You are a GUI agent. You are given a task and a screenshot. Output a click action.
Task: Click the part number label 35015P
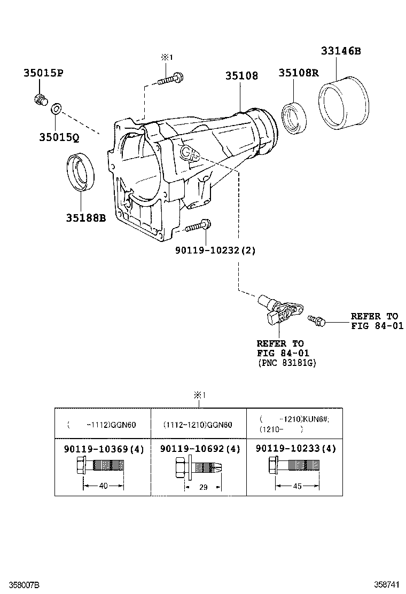pos(43,73)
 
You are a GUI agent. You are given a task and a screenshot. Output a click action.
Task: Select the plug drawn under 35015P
pos(40,100)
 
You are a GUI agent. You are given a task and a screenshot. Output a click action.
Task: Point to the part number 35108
pos(241,76)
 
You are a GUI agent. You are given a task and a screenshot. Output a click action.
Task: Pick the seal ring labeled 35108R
pos(294,118)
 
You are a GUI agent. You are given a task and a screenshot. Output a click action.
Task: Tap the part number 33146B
pos(341,51)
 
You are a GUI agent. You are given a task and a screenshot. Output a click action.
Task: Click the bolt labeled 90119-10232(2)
pos(198,226)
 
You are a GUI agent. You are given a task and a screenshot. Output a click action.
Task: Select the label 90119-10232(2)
pos(215,251)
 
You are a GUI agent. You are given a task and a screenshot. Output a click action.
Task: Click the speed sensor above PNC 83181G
pos(279,309)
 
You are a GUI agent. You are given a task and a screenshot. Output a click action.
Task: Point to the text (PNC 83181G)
pos(287,363)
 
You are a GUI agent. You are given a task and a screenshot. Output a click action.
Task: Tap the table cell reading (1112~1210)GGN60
pos(198,425)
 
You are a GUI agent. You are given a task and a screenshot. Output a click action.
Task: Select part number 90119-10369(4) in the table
pos(104,449)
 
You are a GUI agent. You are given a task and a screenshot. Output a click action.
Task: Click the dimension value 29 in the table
pos(204,487)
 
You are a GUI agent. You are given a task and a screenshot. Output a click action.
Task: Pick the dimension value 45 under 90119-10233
pos(298,486)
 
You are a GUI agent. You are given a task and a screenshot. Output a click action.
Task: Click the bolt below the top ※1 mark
pos(170,79)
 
